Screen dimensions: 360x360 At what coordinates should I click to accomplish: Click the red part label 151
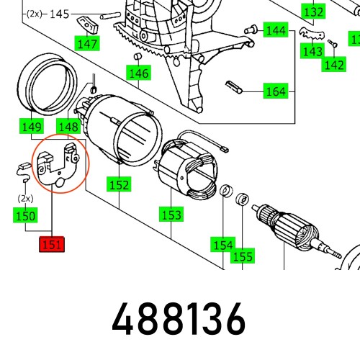(x=52, y=244)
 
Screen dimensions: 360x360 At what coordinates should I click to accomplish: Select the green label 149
(x=32, y=126)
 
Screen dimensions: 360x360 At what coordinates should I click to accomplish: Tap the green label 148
(x=68, y=126)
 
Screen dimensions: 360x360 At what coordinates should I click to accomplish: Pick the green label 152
(x=119, y=184)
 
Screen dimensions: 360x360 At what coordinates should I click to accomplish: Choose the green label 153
(x=171, y=214)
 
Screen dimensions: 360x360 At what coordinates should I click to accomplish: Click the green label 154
(x=223, y=244)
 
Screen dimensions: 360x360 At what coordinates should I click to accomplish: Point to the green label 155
(x=243, y=256)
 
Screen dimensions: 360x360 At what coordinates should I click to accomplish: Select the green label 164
(x=276, y=91)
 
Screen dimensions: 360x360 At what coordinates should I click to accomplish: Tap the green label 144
(x=276, y=30)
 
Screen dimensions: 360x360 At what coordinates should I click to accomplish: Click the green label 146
(x=138, y=73)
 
